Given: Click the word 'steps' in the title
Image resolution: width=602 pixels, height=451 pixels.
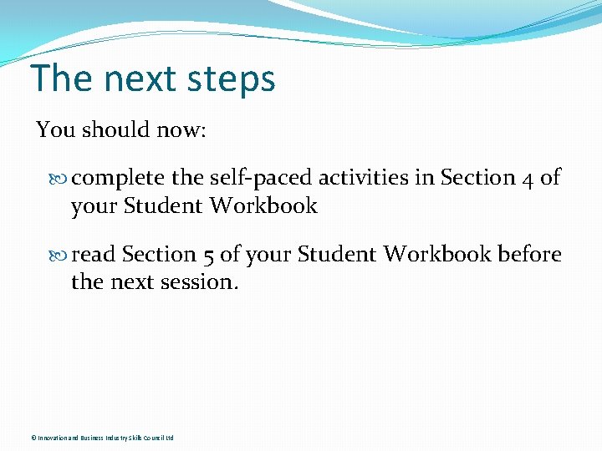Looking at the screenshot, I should [x=231, y=80].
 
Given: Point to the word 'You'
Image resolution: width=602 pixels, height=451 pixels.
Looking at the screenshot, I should [x=56, y=129].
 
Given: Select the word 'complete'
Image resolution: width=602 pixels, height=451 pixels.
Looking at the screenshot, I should [x=118, y=179].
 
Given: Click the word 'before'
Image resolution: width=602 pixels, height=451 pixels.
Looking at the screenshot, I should [x=529, y=254].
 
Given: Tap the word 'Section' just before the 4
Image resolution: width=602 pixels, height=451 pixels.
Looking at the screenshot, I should [x=478, y=178].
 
